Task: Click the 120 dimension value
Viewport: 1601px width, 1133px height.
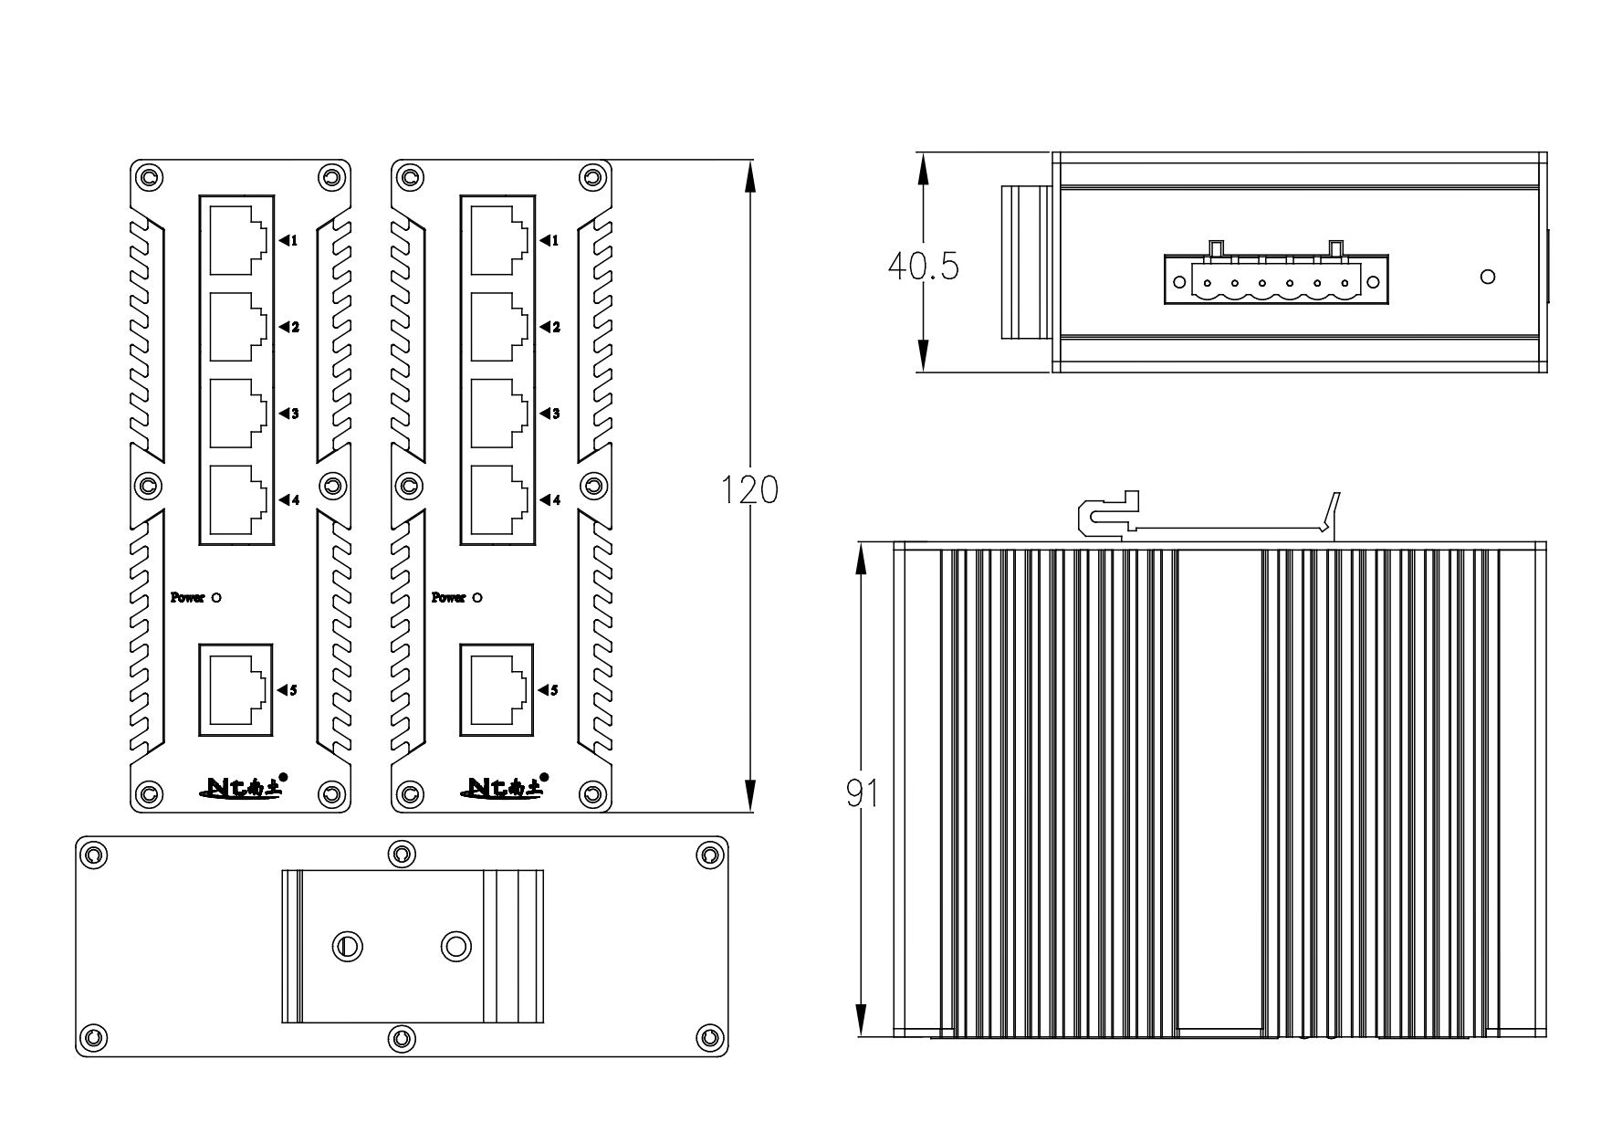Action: pyautogui.click(x=749, y=490)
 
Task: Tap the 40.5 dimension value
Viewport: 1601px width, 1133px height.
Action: pyautogui.click(x=923, y=267)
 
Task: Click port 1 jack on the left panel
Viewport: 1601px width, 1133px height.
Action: pyautogui.click(x=237, y=240)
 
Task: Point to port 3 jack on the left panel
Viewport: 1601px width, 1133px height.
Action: pyautogui.click(x=237, y=414)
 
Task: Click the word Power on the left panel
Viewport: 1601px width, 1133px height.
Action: pyautogui.click(x=187, y=598)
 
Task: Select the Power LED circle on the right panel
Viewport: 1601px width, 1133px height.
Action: pyautogui.click(x=477, y=598)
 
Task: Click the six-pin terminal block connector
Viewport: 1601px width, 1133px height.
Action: pyautogui.click(x=1275, y=279)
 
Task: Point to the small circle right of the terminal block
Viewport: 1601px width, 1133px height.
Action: pyautogui.click(x=1487, y=277)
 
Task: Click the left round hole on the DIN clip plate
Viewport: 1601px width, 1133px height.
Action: pyautogui.click(x=346, y=946)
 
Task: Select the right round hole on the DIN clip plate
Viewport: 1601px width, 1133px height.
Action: pyautogui.click(x=455, y=946)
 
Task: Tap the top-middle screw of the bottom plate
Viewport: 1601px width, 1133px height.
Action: pyautogui.click(x=401, y=855)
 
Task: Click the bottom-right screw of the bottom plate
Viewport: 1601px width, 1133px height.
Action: pyautogui.click(x=709, y=1037)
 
